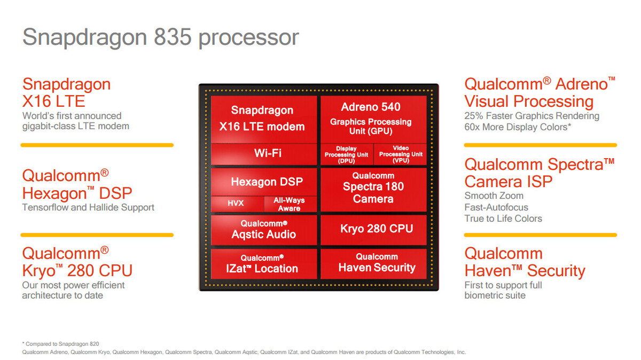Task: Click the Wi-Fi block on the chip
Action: pos(264,154)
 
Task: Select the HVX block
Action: pos(236,204)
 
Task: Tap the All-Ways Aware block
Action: pos(289,204)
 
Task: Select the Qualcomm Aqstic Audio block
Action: pos(263,230)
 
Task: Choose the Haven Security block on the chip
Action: pos(376,263)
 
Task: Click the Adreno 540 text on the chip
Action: pos(371,107)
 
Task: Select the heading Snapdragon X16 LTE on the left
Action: pos(66,92)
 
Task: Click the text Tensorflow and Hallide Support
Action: pos(88,207)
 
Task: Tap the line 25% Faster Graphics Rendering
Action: pos(531,116)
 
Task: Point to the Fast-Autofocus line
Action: pos(496,207)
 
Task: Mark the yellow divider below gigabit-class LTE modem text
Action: pos(97,145)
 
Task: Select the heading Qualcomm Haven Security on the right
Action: pos(524,262)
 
